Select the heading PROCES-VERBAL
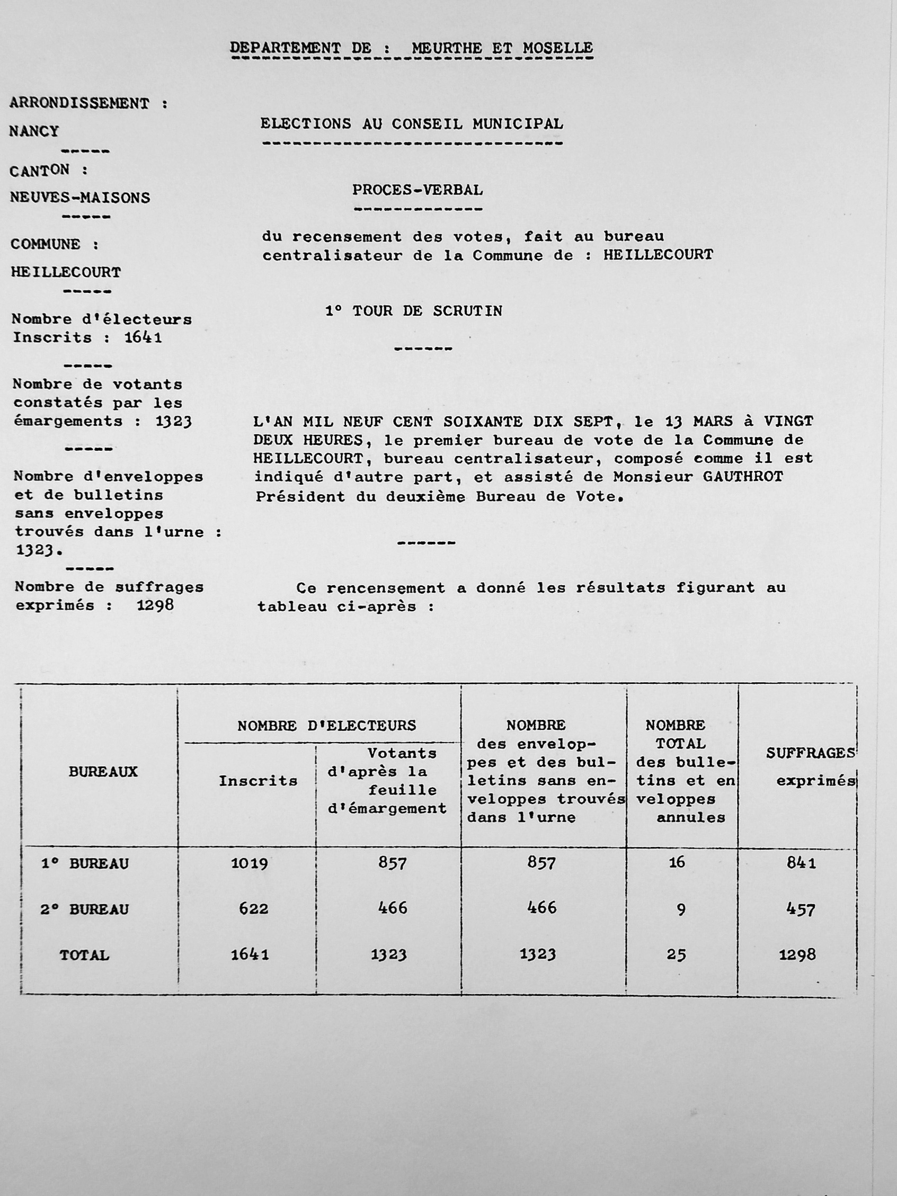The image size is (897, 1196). click(x=418, y=190)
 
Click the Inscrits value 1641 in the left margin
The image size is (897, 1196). click(x=143, y=337)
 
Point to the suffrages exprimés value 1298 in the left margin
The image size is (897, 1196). click(x=155, y=605)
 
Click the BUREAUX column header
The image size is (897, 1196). click(x=103, y=772)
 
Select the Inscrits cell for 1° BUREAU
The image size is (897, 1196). click(x=249, y=863)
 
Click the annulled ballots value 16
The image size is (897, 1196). click(x=677, y=862)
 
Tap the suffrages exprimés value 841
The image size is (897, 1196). click(x=801, y=863)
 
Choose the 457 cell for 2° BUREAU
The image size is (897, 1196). click(x=800, y=909)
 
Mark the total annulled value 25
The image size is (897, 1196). click(x=676, y=955)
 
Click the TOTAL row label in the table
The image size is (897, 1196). click(x=84, y=956)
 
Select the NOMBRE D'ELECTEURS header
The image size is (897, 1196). click(x=326, y=726)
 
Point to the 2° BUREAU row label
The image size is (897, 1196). click(x=85, y=909)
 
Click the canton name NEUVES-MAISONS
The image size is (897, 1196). click(x=80, y=198)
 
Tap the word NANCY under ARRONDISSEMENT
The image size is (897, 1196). click(x=34, y=131)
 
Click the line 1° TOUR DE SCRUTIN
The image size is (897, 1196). click(x=414, y=311)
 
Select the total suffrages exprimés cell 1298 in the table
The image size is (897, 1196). click(x=797, y=955)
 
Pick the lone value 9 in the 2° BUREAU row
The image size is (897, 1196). click(x=681, y=909)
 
